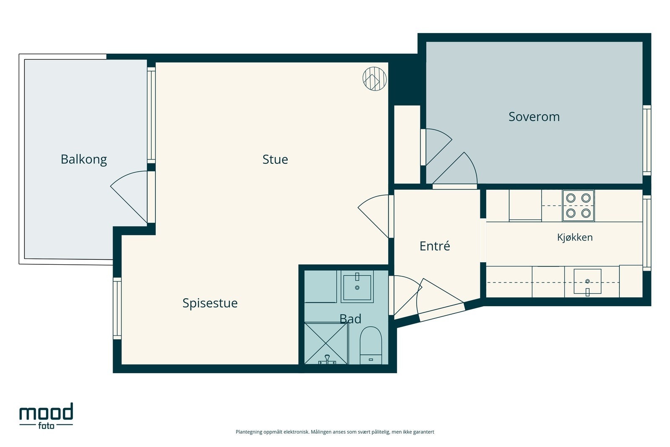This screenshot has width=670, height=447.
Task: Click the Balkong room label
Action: (84, 160)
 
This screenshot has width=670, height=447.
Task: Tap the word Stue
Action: (275, 160)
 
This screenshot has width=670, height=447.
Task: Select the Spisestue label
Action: (210, 303)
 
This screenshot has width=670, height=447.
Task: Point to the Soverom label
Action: (534, 117)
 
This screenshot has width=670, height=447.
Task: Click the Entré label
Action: (435, 246)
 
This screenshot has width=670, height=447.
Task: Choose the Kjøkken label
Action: (575, 237)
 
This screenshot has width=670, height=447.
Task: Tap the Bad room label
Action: (350, 319)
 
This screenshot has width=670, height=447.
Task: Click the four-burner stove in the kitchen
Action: (578, 206)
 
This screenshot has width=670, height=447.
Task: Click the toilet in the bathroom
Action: (371, 345)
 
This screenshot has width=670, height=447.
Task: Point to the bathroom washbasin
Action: (357, 286)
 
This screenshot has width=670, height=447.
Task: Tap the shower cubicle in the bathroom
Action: (326, 343)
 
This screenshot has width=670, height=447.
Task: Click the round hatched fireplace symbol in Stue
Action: (374, 78)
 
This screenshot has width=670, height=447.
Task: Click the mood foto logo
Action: (46, 416)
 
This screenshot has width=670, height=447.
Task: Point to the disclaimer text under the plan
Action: (335, 432)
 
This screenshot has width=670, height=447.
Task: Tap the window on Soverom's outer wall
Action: (647, 140)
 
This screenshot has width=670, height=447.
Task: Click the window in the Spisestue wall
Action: (117, 308)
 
